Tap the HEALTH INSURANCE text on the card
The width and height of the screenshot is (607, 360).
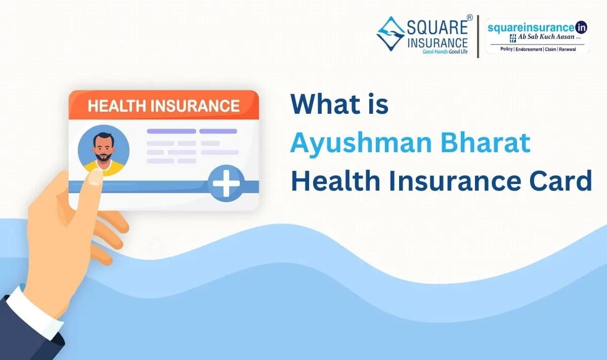(x=163, y=106)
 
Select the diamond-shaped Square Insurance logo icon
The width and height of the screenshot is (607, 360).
(x=391, y=34)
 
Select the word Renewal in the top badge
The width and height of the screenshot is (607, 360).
(x=567, y=49)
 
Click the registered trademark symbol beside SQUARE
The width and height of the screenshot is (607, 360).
(x=469, y=18)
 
